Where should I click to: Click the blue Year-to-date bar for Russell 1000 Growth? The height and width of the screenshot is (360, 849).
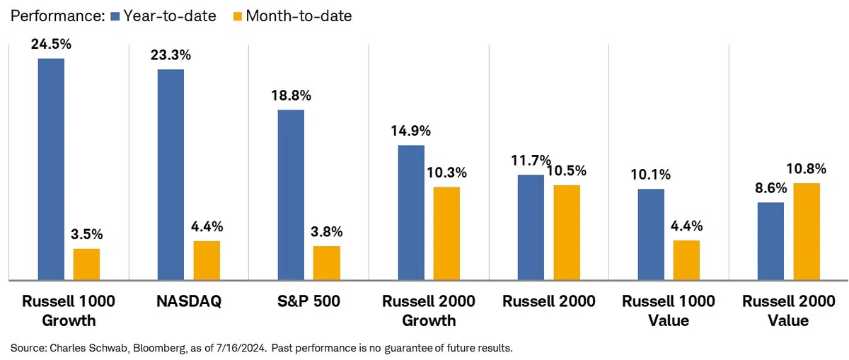point(51,169)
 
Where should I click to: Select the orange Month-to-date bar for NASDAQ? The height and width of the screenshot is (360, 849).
point(207,261)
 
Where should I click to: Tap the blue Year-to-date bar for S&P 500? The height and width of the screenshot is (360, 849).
point(291,195)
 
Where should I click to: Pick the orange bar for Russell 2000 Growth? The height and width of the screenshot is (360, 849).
point(446,234)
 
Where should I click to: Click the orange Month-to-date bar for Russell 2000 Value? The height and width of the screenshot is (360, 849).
point(807,232)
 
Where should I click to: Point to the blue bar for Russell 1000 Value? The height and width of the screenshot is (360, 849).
point(651,235)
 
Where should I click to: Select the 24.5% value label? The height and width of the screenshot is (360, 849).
point(51,45)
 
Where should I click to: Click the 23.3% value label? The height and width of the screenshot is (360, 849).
point(171,55)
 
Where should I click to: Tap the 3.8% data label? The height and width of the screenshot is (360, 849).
point(326,231)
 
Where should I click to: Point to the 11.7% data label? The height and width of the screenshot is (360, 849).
point(531,161)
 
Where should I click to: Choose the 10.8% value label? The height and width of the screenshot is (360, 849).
point(806,169)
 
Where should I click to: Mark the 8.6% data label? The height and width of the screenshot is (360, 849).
point(771,188)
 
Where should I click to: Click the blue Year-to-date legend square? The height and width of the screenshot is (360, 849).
point(115,16)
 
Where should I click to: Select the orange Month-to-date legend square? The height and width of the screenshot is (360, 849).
point(238,16)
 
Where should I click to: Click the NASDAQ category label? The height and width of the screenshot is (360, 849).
point(189,301)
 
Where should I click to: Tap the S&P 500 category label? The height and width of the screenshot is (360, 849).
point(308,301)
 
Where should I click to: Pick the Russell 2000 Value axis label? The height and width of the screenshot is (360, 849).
point(788,310)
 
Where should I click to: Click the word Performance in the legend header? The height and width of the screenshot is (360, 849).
point(57,16)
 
